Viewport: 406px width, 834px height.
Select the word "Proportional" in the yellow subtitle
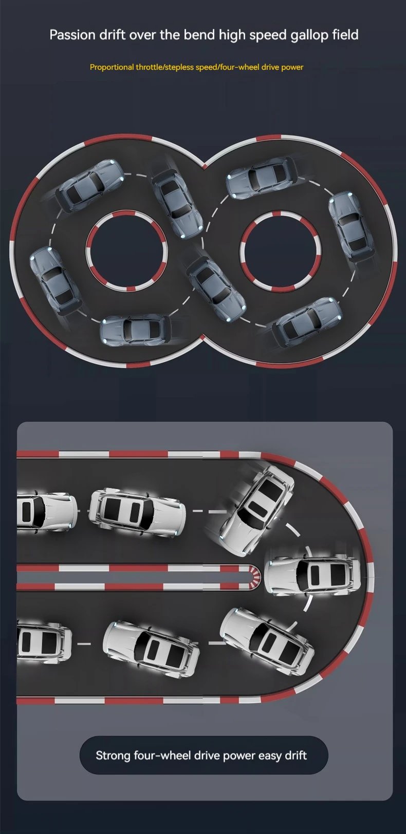click(112, 67)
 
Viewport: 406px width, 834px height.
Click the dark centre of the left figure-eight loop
click(126, 250)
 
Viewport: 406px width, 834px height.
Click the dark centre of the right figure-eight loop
click(281, 251)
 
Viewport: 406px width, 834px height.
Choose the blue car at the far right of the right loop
click(351, 227)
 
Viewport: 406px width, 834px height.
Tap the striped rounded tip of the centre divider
click(255, 577)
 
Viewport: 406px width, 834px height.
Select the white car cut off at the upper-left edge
click(47, 511)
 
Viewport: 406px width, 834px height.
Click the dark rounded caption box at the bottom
click(204, 755)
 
